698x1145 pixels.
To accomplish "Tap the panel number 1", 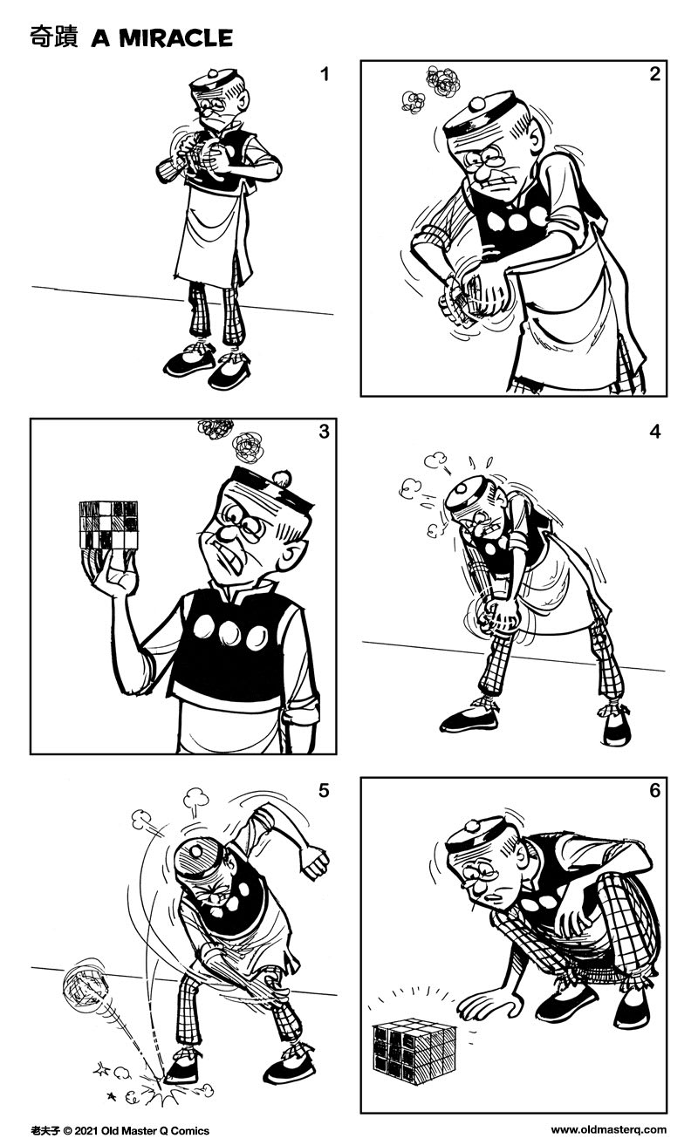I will click(x=325, y=75).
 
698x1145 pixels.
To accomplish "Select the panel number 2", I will click(x=654, y=75).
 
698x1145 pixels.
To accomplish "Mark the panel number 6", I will click(x=654, y=791).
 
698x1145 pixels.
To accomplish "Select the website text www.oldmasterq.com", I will click(x=608, y=1131).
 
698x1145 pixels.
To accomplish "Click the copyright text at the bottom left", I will click(x=120, y=1131).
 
